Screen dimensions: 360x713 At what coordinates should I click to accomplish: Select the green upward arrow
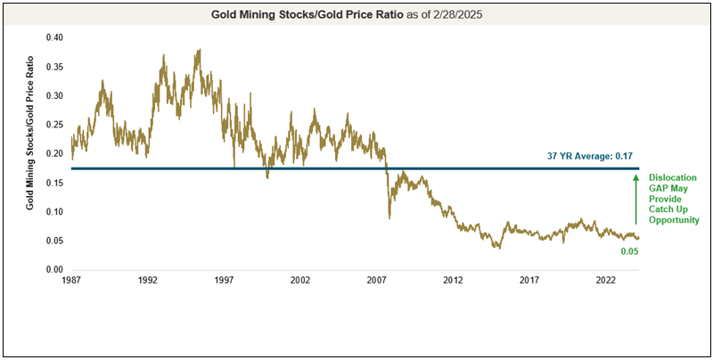(x=635, y=200)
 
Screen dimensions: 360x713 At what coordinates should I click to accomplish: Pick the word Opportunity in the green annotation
(x=673, y=219)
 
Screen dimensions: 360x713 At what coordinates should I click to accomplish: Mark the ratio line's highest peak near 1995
(x=198, y=50)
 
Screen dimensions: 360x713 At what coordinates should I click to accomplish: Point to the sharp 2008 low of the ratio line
(x=389, y=217)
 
